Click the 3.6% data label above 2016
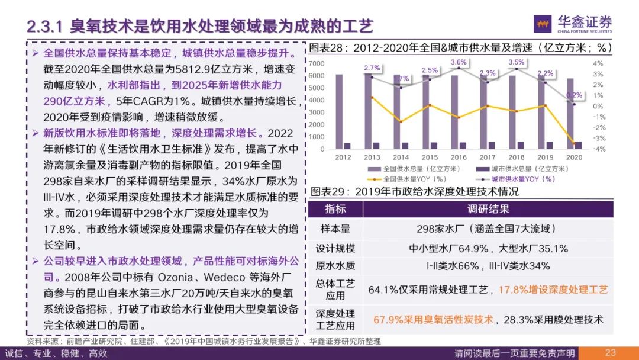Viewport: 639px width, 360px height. click(x=459, y=62)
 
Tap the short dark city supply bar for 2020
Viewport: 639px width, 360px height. click(x=578, y=145)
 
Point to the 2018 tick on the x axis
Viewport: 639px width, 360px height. click(x=517, y=157)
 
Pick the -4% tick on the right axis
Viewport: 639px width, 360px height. click(x=598, y=149)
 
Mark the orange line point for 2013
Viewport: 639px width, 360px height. click(x=372, y=97)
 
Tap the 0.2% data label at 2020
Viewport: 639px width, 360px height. click(x=575, y=95)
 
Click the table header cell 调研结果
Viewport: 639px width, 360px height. click(x=489, y=210)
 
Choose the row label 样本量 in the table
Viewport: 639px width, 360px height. click(x=335, y=229)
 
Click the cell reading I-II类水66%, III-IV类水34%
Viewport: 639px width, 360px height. click(x=488, y=266)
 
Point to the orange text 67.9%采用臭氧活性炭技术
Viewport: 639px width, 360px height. click(x=433, y=320)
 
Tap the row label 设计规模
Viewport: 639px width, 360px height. click(x=335, y=248)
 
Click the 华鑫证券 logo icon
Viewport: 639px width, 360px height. click(x=544, y=24)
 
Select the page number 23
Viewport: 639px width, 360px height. click(x=611, y=353)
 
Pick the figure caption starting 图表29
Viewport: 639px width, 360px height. click(x=414, y=192)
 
